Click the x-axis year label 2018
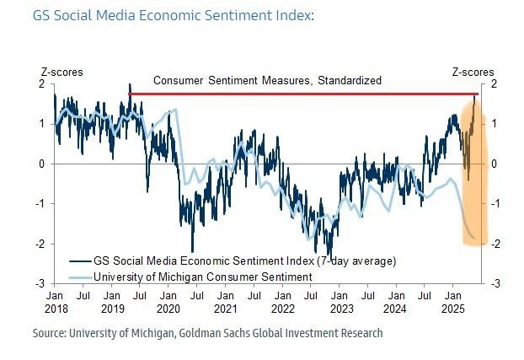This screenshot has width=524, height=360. (x=55, y=309)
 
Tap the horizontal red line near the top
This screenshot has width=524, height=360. (x=295, y=93)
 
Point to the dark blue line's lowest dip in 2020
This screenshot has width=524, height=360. (x=192, y=250)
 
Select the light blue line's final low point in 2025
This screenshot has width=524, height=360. (x=473, y=238)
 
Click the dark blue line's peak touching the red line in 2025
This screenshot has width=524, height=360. (x=473, y=96)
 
